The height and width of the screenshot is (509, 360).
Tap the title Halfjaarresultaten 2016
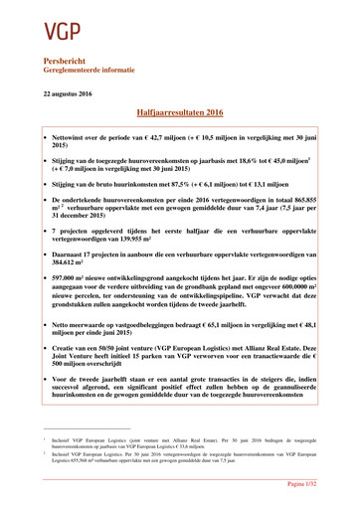[x=179, y=114]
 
